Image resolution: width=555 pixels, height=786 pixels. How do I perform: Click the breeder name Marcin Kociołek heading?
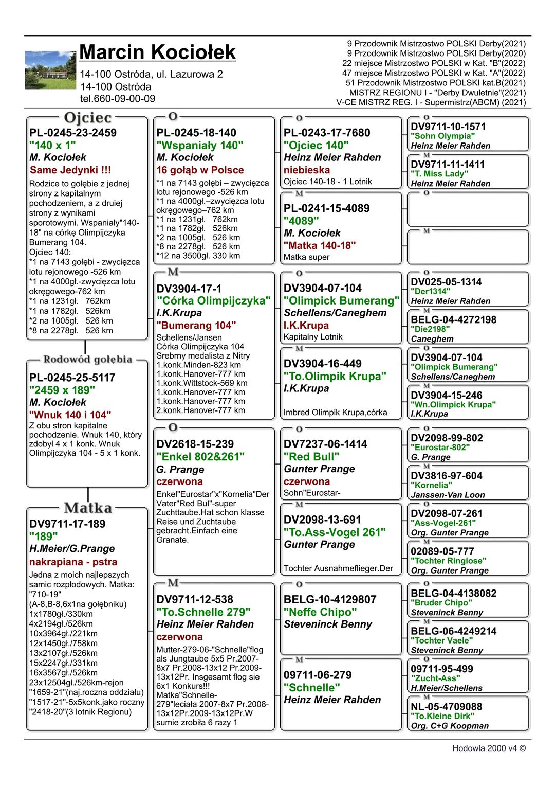coord(157,52)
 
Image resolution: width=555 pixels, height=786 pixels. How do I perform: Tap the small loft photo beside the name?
coord(50,70)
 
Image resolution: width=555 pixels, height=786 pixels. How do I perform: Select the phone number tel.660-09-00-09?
coord(117,99)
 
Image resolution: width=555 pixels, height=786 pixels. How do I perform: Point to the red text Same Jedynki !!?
coord(70,170)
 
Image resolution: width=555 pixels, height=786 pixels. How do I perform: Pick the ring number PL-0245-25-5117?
coord(72,378)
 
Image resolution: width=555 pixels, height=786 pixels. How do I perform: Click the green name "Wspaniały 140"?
coord(200,146)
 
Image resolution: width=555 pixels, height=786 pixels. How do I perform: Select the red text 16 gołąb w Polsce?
coord(200,170)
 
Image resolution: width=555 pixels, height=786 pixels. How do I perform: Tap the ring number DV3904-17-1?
coord(189,289)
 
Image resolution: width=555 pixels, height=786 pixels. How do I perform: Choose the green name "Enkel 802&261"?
coord(200,456)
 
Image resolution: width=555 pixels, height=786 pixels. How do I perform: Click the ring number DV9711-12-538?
coord(195,599)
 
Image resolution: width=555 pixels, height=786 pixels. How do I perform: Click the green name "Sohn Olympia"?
coord(442,136)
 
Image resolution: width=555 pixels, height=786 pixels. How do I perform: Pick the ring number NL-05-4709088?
coord(446,707)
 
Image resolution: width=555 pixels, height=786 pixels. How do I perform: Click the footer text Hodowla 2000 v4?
coord(489,748)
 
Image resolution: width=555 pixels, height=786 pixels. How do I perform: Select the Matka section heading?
coord(88,508)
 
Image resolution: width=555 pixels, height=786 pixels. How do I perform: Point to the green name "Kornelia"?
coord(431,485)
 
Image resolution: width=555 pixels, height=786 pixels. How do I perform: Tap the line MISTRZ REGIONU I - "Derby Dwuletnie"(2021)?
coord(437,93)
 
